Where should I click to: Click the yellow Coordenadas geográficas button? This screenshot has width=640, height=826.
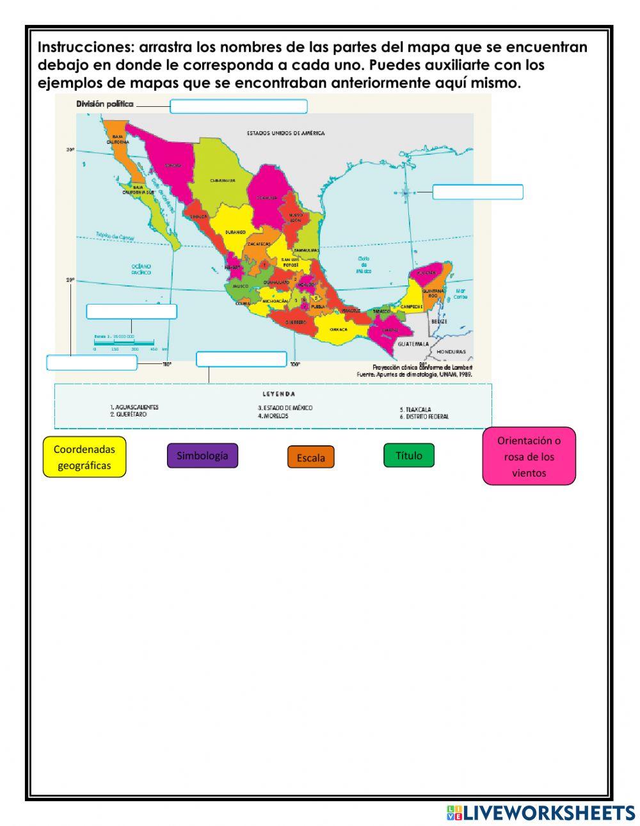pyautogui.click(x=84, y=457)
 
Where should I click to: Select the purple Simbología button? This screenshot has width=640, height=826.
pyautogui.click(x=202, y=456)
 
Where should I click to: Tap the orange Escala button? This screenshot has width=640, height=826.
pyautogui.click(x=310, y=457)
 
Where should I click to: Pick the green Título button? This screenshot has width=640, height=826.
pyautogui.click(x=408, y=456)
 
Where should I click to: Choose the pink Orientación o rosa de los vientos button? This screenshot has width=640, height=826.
pyautogui.click(x=529, y=456)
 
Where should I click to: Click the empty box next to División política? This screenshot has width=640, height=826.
pyautogui.click(x=238, y=106)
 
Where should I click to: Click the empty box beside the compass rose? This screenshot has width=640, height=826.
pyautogui.click(x=477, y=192)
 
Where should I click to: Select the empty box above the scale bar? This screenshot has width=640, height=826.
pyautogui.click(x=131, y=312)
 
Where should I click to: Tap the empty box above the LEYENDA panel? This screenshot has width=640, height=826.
pyautogui.click(x=241, y=359)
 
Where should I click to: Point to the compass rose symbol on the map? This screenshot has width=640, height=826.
pyautogui.click(x=406, y=192)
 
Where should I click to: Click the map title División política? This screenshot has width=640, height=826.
pyautogui.click(x=105, y=104)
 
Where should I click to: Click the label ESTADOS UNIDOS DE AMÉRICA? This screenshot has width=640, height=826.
pyautogui.click(x=285, y=134)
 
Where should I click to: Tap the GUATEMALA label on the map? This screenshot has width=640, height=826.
pyautogui.click(x=413, y=344)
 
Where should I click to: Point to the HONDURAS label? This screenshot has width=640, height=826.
pyautogui.click(x=451, y=352)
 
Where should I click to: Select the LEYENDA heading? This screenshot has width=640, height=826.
pyautogui.click(x=279, y=393)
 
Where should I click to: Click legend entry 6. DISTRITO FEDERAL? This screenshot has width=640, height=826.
pyautogui.click(x=424, y=417)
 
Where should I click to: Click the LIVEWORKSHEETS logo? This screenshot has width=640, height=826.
pyautogui.click(x=540, y=813)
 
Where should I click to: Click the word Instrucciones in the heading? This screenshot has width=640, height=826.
pyautogui.click(x=85, y=47)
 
